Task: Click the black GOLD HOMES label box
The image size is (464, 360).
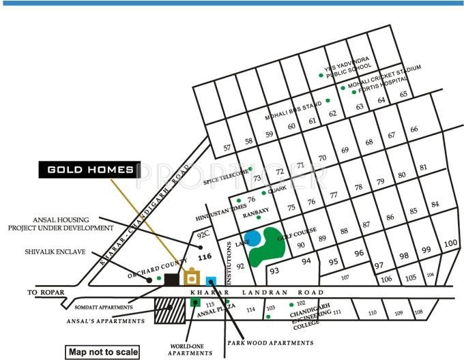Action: [89, 169]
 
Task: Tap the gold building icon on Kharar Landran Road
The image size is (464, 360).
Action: [192, 277]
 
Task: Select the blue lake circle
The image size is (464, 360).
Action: [252, 239]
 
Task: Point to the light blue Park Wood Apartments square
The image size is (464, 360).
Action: [212, 281]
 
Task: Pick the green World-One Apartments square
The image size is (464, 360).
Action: [195, 301]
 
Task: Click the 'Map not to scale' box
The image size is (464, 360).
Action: [102, 352]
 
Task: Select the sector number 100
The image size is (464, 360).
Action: [450, 243]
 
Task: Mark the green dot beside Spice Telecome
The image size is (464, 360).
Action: [250, 168]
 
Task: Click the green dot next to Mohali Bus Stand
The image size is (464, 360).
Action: [328, 100]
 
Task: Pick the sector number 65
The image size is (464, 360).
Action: [404, 94]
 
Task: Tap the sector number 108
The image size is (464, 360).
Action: [418, 313]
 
